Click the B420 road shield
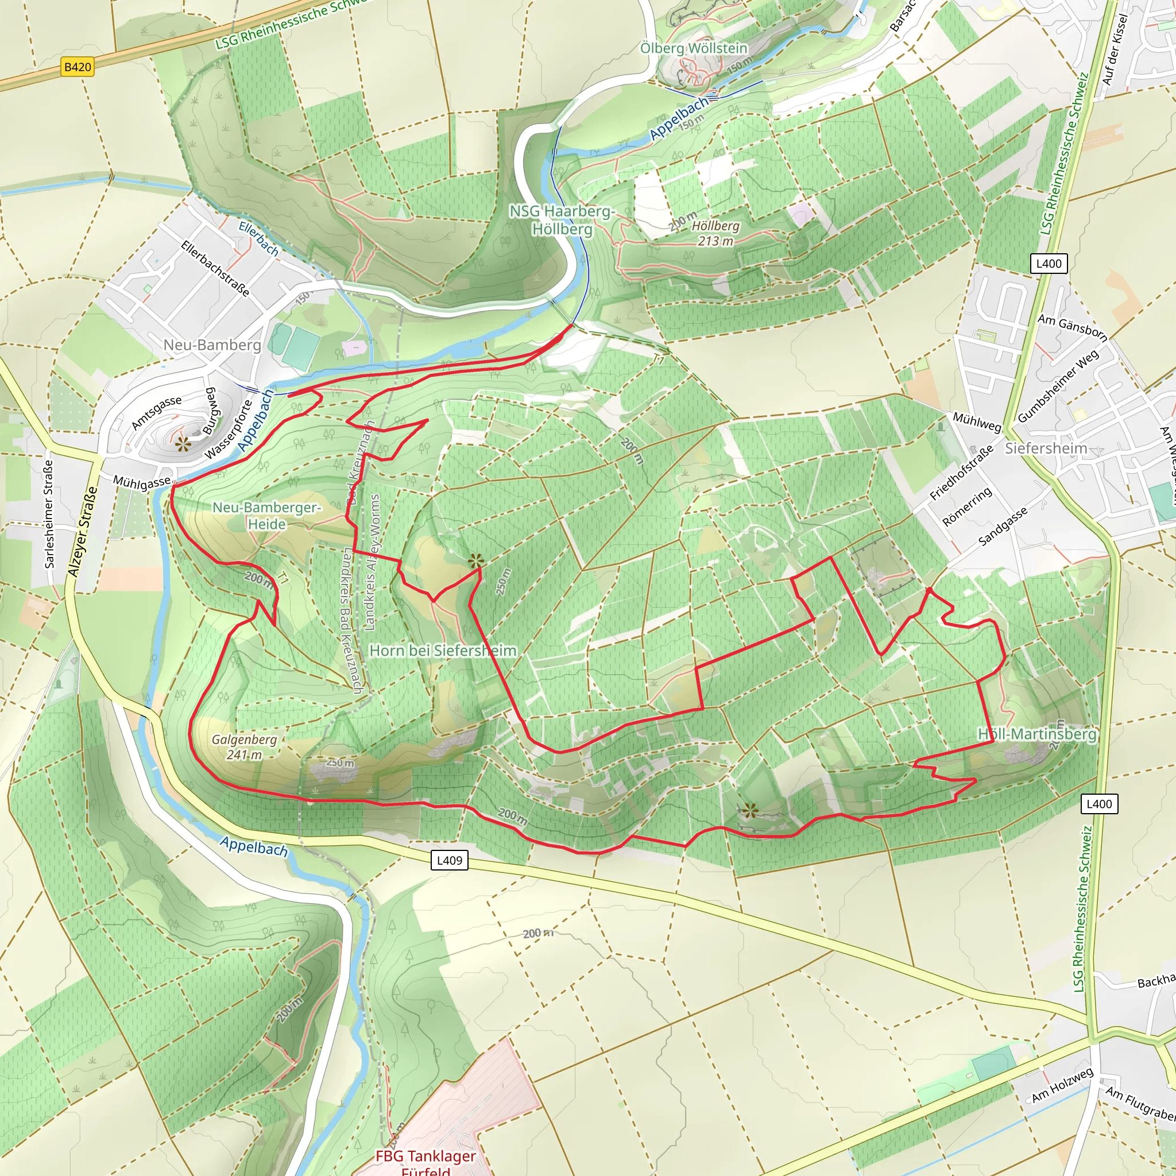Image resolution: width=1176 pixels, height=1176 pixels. point(78,67)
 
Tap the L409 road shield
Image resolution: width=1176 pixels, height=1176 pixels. point(449,860)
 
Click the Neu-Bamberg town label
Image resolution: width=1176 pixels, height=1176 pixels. point(212,345)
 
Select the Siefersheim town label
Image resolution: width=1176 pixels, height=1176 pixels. point(1046,448)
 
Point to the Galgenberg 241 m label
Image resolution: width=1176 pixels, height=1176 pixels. point(244,747)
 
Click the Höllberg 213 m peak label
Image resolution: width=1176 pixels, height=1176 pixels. point(715,233)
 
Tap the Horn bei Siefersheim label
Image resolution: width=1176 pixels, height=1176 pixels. point(443,651)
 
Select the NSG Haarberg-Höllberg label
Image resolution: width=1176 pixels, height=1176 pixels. point(562,220)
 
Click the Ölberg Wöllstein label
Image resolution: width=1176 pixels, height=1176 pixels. point(693,48)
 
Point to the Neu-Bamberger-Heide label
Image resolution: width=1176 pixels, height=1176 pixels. point(266,516)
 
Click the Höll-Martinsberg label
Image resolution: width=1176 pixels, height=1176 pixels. point(1036,734)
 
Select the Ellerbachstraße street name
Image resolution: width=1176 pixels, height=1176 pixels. point(215,268)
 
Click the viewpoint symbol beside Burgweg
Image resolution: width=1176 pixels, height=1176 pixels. point(183,444)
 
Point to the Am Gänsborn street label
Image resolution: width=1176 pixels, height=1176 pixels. point(1072,326)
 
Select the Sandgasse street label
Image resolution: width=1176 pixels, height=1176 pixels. point(1003,526)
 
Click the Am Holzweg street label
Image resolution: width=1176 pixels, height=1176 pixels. point(1062,1085)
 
